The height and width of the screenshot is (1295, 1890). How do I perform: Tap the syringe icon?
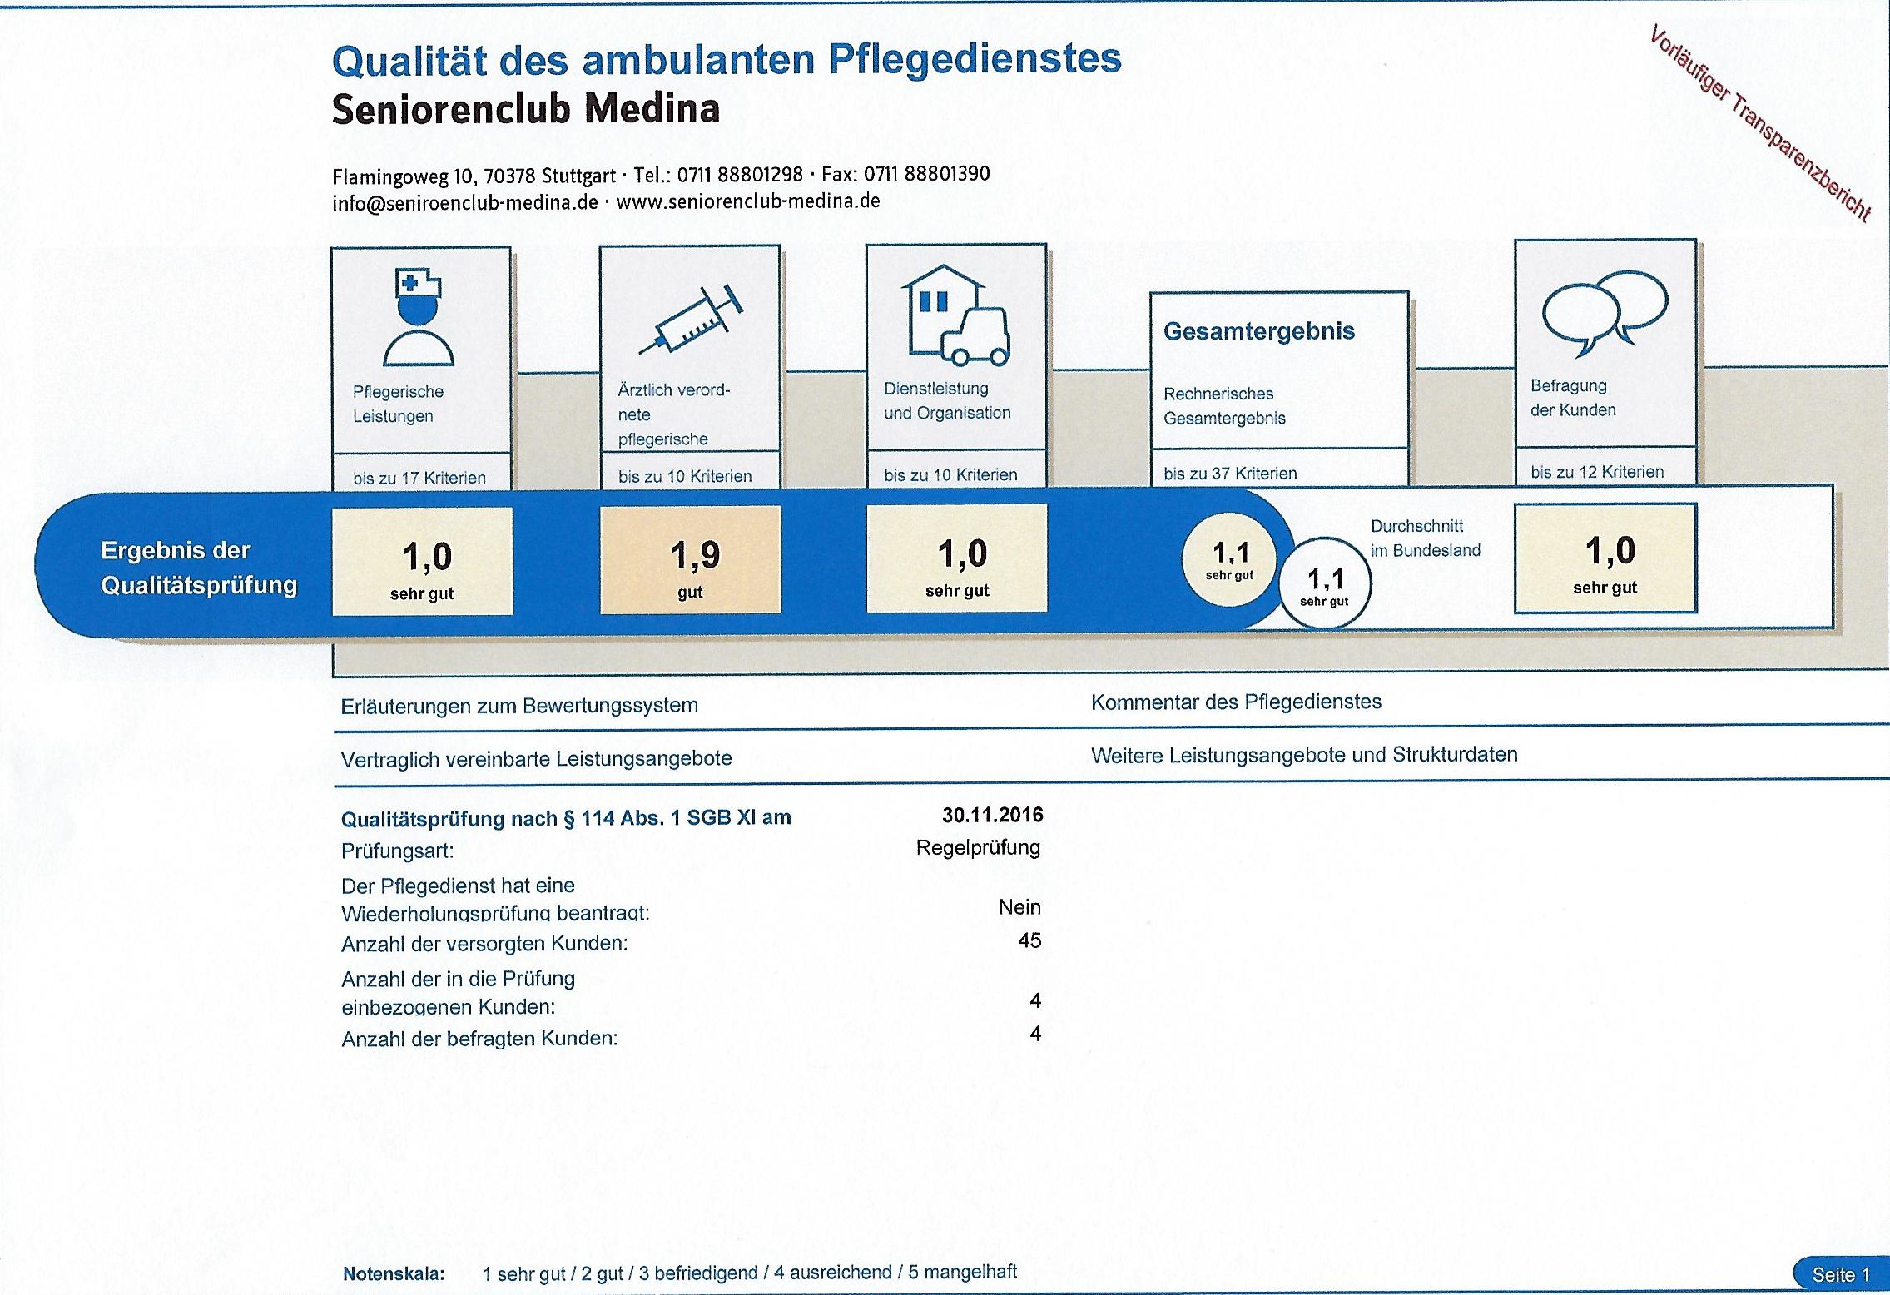[691, 319]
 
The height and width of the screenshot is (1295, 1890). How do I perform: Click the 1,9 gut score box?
[690, 560]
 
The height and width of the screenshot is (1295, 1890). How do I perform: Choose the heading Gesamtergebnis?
[1258, 331]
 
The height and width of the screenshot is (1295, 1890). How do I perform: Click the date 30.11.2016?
[992, 815]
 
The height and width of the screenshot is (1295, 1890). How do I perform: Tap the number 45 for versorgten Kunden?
[1029, 940]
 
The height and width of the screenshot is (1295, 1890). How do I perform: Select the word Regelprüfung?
[978, 848]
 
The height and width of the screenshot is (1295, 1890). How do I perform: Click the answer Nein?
[1019, 907]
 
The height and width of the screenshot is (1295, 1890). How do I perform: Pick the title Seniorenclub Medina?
[525, 110]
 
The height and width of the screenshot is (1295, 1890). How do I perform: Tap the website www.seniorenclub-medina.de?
[747, 201]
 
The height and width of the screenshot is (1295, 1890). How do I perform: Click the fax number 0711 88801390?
[926, 174]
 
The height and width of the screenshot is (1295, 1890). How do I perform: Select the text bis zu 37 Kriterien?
[1230, 474]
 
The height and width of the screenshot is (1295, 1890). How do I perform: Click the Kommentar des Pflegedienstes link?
[1236, 702]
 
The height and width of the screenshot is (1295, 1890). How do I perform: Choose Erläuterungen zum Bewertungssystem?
[519, 706]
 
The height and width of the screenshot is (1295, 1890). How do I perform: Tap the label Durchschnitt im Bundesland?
[1425, 538]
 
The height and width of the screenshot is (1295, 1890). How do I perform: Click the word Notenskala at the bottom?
[394, 1274]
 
